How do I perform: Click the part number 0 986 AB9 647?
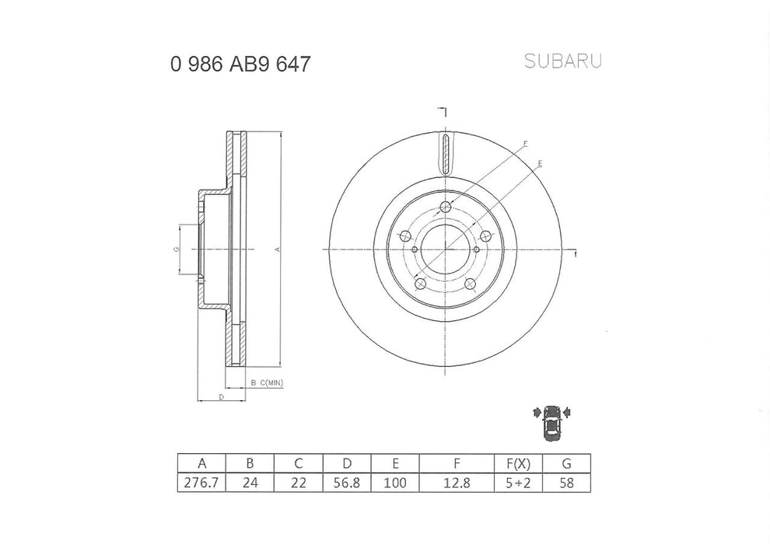coord(240,64)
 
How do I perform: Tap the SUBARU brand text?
coord(562,61)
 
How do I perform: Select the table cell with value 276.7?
coord(201,482)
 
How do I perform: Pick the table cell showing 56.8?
coord(347,482)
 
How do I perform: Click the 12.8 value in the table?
coord(457,482)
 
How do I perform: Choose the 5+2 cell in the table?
coord(518,482)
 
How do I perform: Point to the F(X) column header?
coord(518,463)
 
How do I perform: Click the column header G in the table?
coord(566,463)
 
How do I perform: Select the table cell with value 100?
coord(395,482)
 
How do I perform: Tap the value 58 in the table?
coord(566,482)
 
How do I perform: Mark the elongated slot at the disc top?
coord(445,155)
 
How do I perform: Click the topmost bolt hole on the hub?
coord(445,207)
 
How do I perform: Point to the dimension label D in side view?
coord(222,397)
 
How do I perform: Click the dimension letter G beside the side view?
coord(177,249)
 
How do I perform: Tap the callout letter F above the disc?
coord(526,145)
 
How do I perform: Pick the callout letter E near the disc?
coord(539,163)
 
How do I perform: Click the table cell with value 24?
coord(250,482)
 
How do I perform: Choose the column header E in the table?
coord(395,463)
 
